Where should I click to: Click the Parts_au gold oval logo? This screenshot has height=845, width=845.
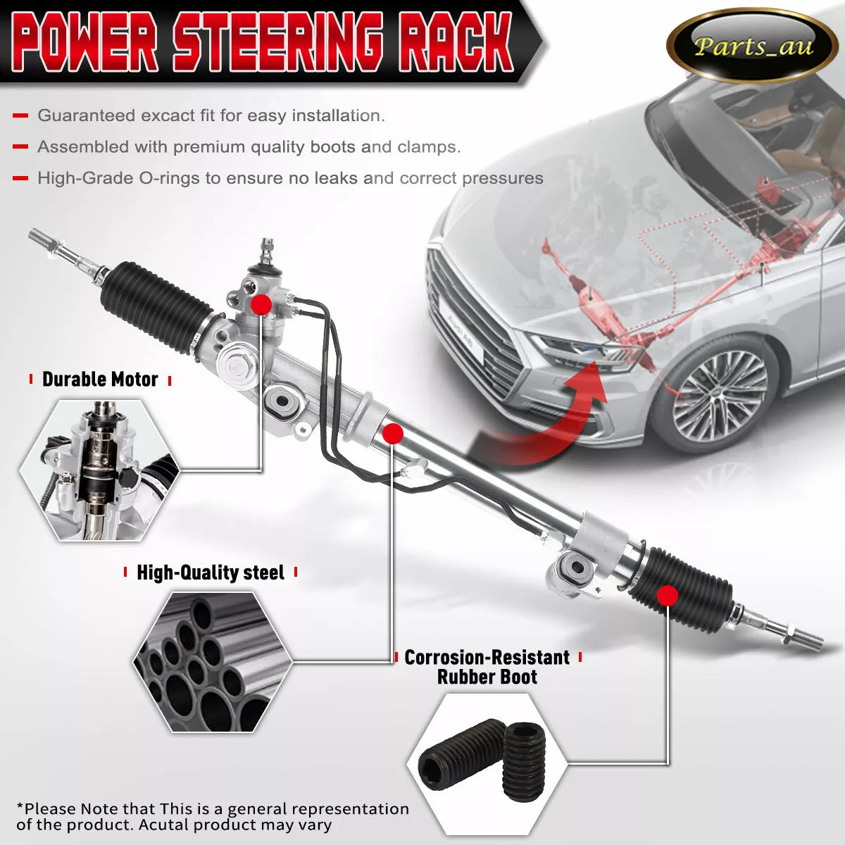[751, 46]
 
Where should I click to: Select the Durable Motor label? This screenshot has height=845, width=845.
[100, 380]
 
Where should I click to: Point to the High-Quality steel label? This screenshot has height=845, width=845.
[210, 572]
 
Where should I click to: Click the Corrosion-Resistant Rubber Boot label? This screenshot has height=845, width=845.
[487, 667]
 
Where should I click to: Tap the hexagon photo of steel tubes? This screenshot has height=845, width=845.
[213, 662]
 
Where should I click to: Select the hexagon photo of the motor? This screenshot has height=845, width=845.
[99, 470]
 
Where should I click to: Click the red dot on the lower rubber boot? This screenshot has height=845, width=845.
[667, 596]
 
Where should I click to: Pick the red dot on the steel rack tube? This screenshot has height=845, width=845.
[393, 434]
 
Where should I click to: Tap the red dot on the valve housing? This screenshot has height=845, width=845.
[261, 304]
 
